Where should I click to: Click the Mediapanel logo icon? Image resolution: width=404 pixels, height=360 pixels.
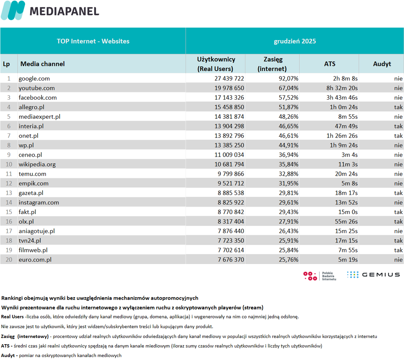point(13,10)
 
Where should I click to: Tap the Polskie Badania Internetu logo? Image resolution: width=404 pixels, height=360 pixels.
point(320,276)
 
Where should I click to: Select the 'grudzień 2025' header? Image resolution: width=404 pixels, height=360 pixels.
point(295,41)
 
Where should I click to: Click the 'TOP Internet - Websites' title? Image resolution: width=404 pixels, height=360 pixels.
point(93,41)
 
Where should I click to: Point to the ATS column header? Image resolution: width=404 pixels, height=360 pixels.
point(329,64)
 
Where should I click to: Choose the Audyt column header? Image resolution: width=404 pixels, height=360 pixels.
point(382,64)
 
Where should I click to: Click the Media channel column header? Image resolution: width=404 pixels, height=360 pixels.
point(43,64)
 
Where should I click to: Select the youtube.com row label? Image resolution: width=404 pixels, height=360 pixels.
point(37,88)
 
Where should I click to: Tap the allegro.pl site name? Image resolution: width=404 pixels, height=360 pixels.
point(32,107)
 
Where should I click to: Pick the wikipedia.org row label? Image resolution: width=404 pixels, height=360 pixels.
point(37,164)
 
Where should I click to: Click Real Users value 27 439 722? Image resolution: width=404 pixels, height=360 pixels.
point(229,79)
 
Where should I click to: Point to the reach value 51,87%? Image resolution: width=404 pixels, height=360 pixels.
point(288,107)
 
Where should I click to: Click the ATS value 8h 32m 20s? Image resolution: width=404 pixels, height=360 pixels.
point(342,88)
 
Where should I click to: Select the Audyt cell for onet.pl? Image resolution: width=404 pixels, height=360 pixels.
point(398,136)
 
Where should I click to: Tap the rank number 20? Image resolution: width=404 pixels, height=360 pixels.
point(9,260)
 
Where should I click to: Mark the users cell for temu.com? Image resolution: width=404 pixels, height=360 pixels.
point(231,174)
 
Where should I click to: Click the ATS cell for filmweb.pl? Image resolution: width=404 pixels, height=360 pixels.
point(348,250)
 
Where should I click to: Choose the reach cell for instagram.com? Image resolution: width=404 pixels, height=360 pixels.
point(288,203)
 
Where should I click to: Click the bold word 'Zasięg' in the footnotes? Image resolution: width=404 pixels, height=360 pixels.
point(8,336)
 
